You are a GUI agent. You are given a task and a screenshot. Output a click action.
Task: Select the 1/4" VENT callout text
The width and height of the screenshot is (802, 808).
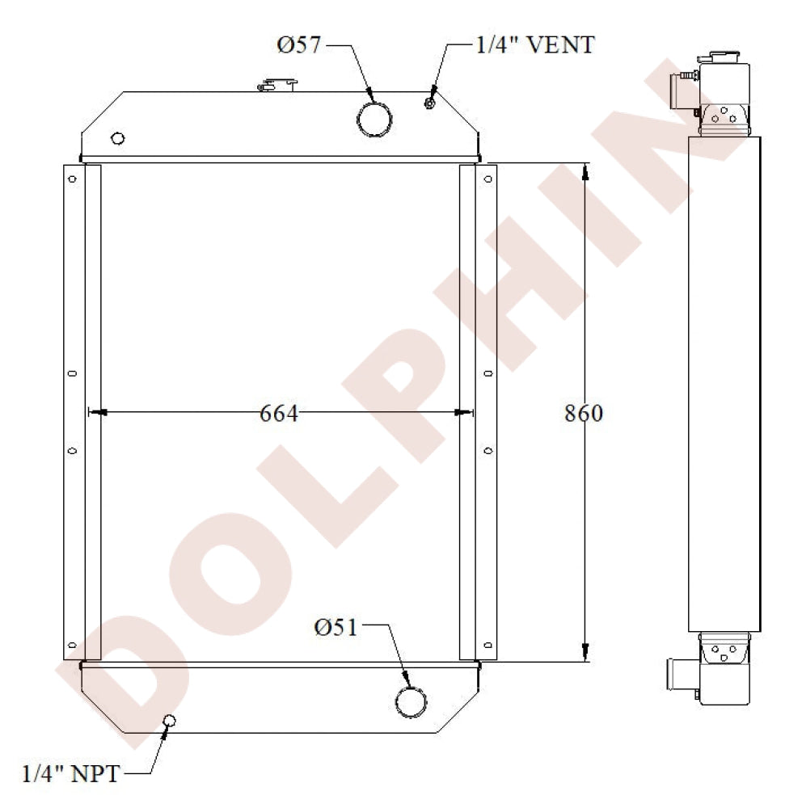coord(534,44)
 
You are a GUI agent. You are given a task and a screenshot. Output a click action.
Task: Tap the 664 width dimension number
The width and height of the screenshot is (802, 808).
coord(279,414)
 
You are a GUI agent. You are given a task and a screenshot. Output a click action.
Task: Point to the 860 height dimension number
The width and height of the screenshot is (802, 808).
coord(583,413)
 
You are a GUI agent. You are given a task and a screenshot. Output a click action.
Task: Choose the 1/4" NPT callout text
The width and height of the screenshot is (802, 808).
coord(70,774)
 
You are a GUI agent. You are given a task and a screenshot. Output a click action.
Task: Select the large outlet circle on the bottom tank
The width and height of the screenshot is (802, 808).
coord(412,701)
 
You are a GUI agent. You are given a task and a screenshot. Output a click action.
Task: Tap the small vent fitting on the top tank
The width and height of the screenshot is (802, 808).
coord(428,102)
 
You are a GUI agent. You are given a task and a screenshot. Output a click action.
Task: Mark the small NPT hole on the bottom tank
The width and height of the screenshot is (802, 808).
coord(170,721)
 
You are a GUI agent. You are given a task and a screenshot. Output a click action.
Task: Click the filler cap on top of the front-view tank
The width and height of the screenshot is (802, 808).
coord(277,83)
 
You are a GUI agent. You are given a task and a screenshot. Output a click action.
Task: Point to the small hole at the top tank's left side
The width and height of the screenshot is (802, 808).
coord(117,138)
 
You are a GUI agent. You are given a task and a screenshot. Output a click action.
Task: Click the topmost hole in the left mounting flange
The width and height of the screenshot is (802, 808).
coord(72,179)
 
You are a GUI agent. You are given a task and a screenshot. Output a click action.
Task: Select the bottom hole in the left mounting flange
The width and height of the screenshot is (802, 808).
coord(72,644)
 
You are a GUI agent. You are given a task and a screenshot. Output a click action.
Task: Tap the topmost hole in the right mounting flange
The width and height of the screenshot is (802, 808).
coord(488,179)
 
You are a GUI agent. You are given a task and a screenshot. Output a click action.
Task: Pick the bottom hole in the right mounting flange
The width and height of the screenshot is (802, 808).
coord(488,644)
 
